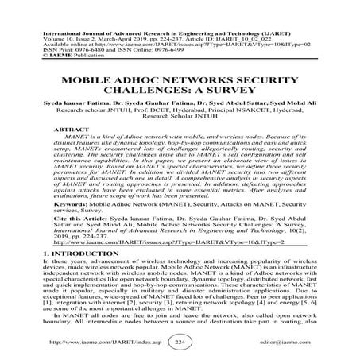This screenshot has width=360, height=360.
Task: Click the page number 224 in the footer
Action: pos(180,343)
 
